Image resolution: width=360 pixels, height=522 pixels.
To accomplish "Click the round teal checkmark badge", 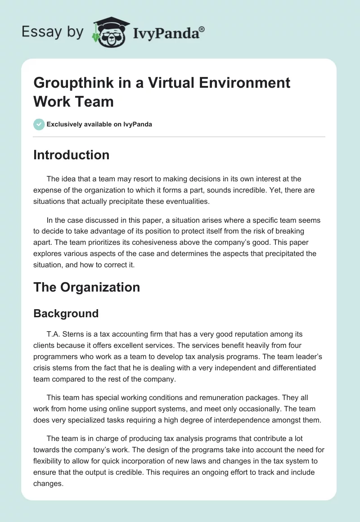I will point(39,124).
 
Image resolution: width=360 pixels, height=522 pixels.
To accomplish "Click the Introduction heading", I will point(71,155).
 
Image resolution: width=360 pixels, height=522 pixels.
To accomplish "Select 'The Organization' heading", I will point(86,287).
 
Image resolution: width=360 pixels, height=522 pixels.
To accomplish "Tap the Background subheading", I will point(66,314).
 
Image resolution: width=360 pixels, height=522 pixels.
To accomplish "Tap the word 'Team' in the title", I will point(95,101).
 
